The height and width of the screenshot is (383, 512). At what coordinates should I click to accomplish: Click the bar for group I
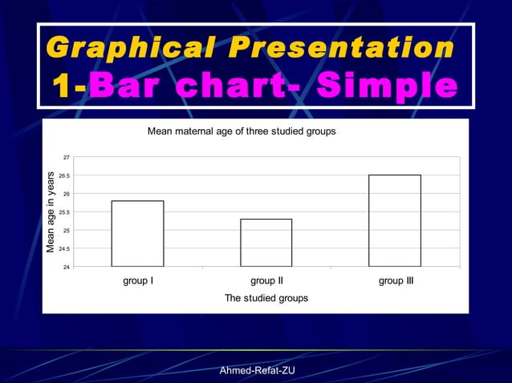[137, 233]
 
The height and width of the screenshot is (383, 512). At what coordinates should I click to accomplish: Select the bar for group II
[266, 242]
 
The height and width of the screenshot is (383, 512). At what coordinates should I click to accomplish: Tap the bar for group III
[395, 220]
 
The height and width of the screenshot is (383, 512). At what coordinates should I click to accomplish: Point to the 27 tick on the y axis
[66, 157]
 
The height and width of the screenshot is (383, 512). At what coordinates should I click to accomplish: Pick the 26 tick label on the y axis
[66, 194]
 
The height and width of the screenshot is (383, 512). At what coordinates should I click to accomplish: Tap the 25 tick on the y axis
[66, 230]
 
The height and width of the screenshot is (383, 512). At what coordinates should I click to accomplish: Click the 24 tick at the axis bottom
[66, 267]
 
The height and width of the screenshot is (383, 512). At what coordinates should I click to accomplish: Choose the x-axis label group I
[138, 281]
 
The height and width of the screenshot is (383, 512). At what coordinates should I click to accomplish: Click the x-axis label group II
[266, 281]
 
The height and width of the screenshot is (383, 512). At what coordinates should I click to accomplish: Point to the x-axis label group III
[396, 281]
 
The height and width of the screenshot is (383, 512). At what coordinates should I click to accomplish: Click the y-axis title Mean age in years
[51, 212]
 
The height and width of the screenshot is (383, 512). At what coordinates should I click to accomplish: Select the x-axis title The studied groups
[266, 297]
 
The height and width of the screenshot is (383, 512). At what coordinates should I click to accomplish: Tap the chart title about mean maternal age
[242, 131]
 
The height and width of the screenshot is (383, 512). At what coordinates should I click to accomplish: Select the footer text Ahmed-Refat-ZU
[256, 370]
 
